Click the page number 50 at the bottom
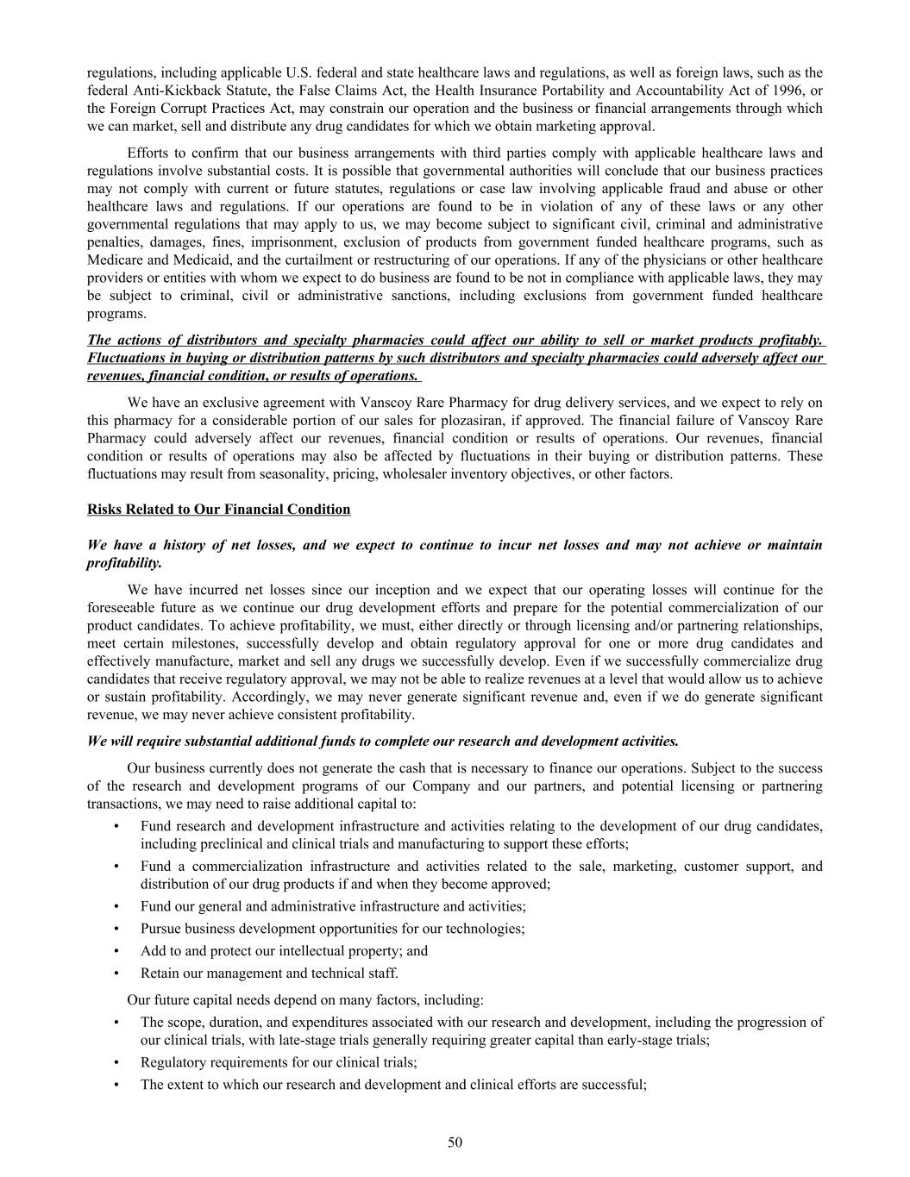coord(455,1143)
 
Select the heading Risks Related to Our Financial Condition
coord(218,510)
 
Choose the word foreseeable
coord(122,608)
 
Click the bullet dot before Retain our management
coord(116,974)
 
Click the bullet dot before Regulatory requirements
coord(116,1062)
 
